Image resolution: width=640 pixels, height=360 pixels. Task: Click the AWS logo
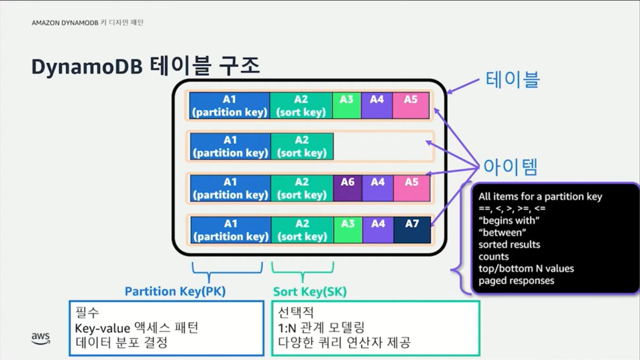point(41,338)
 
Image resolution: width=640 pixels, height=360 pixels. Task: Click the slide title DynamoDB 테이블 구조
point(145,67)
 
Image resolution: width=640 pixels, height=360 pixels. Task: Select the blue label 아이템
point(510,167)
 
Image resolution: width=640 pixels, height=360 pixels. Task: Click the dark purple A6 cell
point(348,188)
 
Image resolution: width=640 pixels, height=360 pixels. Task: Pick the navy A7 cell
point(412,230)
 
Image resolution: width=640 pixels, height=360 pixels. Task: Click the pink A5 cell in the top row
point(411,105)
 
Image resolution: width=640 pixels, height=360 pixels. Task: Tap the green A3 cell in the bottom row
point(348,230)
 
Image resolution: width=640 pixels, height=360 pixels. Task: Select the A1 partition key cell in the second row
point(230,146)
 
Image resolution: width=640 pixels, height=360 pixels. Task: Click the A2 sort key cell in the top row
point(301,105)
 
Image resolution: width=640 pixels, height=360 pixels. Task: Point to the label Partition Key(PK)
point(175,291)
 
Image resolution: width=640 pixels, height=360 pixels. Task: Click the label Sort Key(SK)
point(309,291)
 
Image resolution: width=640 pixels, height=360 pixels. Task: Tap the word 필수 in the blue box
point(87,312)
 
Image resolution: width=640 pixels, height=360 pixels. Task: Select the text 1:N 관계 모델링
point(321,328)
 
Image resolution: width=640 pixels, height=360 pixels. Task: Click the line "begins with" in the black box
point(509,220)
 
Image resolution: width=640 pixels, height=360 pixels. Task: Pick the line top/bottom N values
point(526,268)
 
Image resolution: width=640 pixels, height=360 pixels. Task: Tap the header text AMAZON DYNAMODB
point(65,23)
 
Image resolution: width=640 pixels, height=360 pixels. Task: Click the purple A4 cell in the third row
point(378,188)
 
